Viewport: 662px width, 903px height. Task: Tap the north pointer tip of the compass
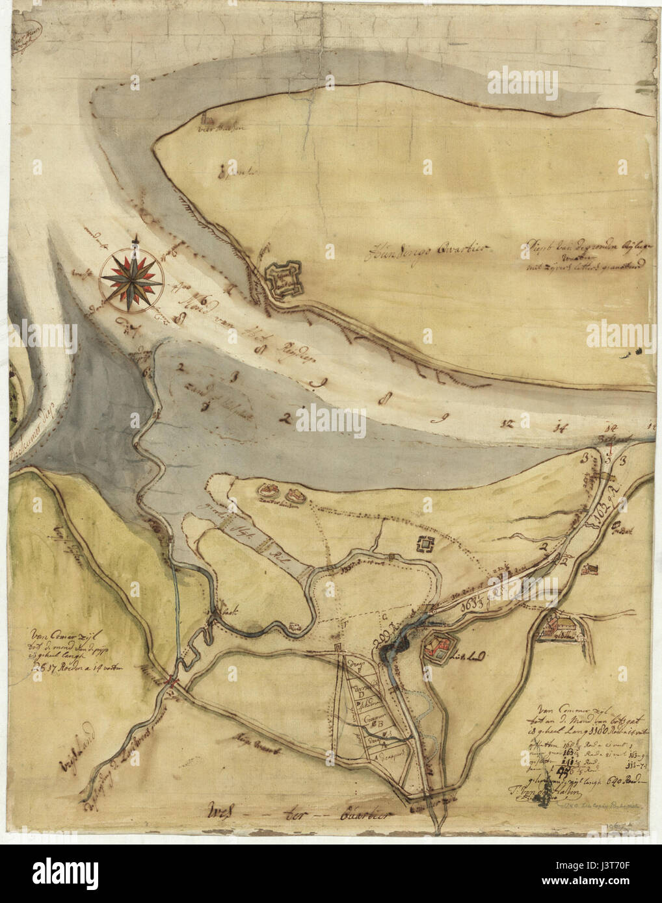(x=135, y=242)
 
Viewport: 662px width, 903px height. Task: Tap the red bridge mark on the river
(x=171, y=680)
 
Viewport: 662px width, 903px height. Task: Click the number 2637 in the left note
(x=48, y=666)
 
